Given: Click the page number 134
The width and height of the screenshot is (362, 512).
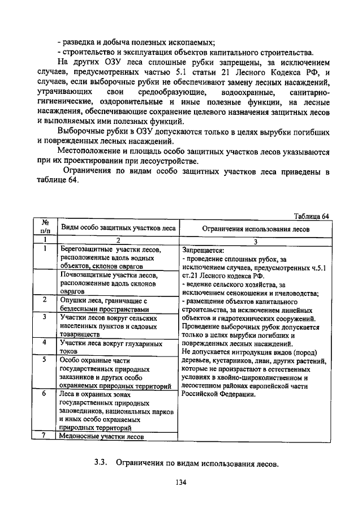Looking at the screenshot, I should [x=180, y=482].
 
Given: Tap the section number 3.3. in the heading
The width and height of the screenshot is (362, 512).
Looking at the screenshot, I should [x=101, y=463].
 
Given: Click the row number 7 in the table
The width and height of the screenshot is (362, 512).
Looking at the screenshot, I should [x=44, y=435].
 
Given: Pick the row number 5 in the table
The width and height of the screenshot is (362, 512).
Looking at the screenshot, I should [x=44, y=360].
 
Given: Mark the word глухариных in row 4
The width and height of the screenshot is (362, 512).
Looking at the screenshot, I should [x=139, y=343].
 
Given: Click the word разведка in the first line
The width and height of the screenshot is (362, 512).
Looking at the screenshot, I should [x=81, y=42].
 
